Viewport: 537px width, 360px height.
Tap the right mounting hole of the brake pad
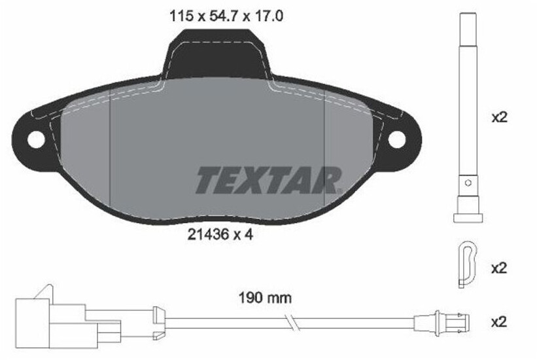tap(396, 139)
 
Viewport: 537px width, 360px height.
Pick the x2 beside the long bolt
tap(499, 118)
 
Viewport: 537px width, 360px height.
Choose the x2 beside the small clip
tap(499, 268)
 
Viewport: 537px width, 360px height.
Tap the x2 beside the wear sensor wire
tap(499, 321)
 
